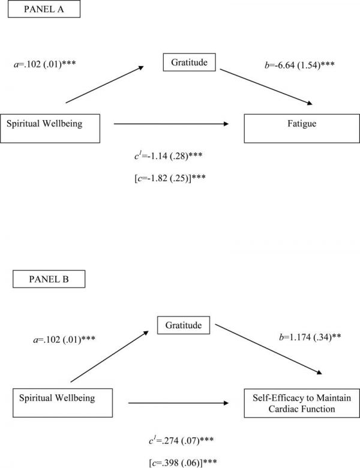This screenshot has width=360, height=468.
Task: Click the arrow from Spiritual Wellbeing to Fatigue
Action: coord(172,124)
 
